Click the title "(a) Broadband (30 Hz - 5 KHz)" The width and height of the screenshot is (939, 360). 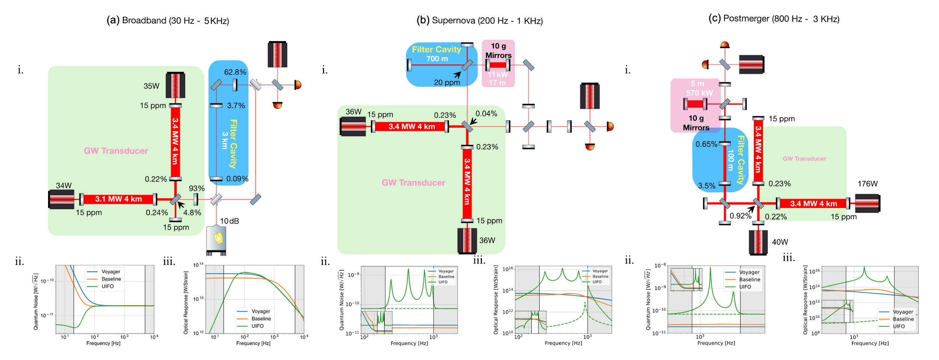168,20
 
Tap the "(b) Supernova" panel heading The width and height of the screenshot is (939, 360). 479,20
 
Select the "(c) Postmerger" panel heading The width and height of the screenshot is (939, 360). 773,18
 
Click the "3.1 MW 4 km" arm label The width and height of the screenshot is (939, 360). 118,199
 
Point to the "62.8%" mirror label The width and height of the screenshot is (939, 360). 235,72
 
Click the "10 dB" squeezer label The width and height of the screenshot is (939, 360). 229,221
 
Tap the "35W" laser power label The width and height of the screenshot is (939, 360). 151,86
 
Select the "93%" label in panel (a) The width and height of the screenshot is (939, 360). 196,188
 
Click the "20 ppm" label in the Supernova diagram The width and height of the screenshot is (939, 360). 447,82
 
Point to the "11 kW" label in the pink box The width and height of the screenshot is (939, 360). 498,74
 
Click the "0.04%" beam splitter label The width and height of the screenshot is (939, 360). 486,113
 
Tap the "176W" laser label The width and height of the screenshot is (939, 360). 867,184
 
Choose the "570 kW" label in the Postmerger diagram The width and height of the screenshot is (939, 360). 699,93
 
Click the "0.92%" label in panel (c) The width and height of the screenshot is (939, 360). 740,216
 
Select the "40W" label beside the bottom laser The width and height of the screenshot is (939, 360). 780,242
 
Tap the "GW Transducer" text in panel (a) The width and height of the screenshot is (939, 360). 116,151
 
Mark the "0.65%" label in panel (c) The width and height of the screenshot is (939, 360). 706,144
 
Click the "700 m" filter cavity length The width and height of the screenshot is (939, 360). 437,59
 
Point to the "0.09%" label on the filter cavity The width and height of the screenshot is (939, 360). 237,179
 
